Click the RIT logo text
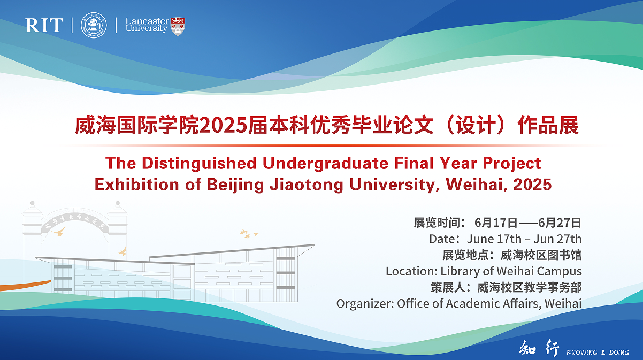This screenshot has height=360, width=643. pyautogui.click(x=44, y=25)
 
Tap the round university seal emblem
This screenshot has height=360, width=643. pyautogui.click(x=94, y=25)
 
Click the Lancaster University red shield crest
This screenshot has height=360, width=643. pyautogui.click(x=178, y=26)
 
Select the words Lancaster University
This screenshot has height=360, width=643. pyautogui.click(x=147, y=25)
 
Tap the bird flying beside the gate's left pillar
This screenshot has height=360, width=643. pyautogui.click(x=59, y=232)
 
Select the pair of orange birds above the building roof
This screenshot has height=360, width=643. pyautogui.click(x=248, y=233)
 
